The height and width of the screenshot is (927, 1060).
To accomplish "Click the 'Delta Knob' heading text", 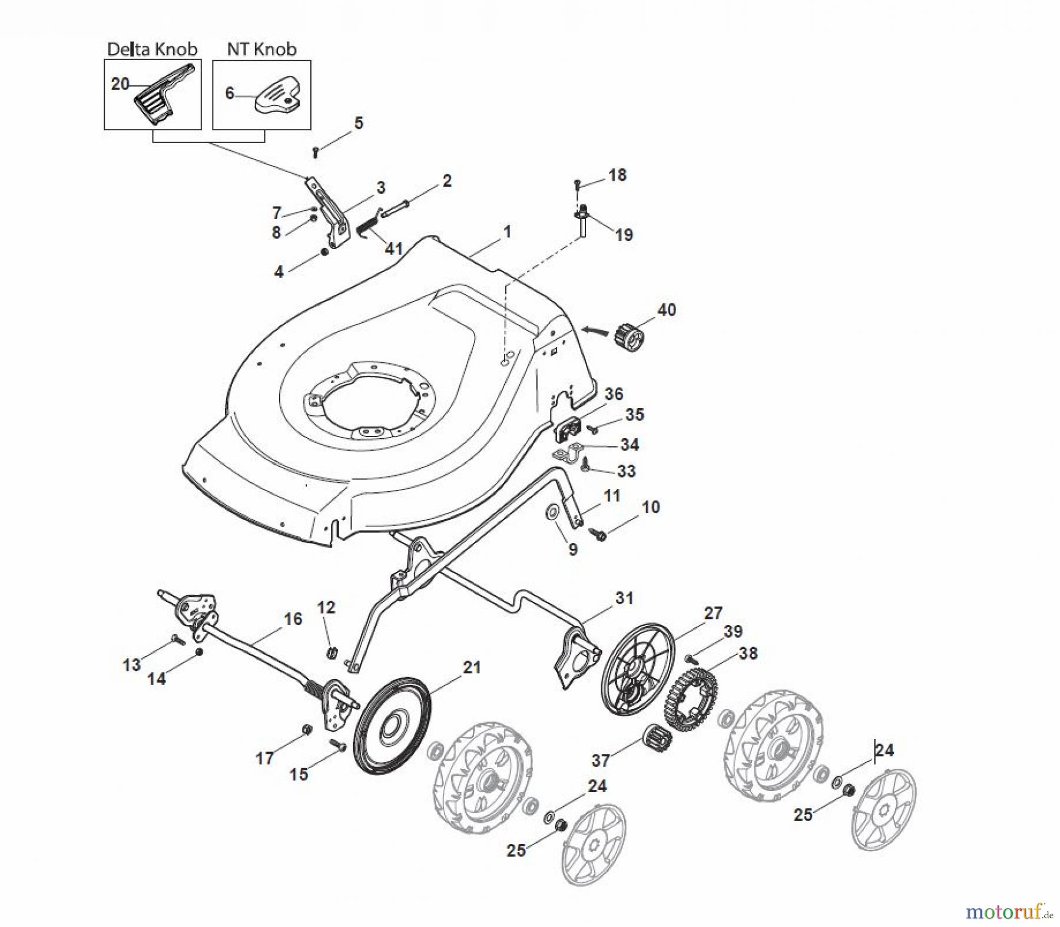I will point(152,49).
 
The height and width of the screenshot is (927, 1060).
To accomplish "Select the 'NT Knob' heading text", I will point(261,49).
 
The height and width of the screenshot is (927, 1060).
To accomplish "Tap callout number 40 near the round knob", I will point(666,310).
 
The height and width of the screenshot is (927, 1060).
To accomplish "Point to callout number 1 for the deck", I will point(506,232).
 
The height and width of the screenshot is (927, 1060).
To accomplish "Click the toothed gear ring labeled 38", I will point(690,698).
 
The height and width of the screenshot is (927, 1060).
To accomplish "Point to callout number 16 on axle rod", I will point(293,619).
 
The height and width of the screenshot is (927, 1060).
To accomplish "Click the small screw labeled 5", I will point(316,152).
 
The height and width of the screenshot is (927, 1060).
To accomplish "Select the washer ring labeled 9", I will point(554,512).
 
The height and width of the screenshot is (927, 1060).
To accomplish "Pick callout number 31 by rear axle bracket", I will point(624,598).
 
